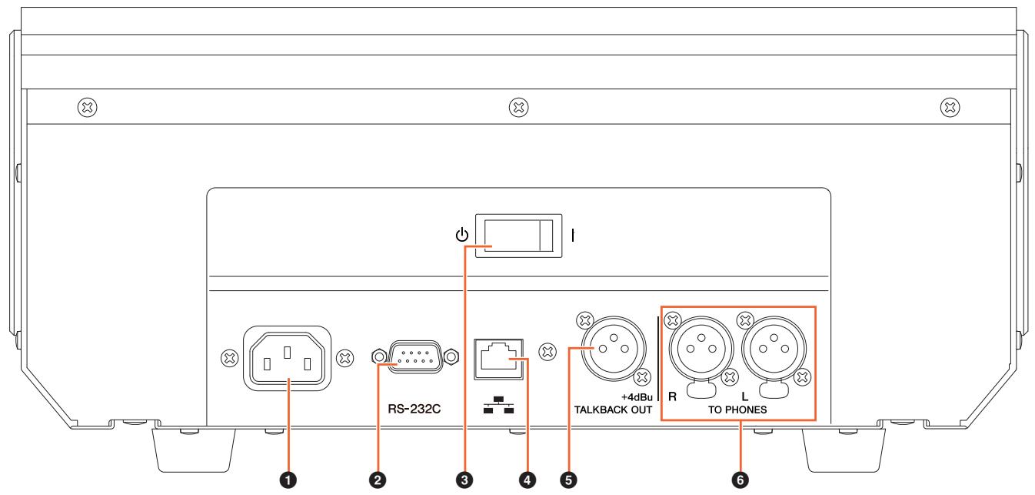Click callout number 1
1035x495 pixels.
tap(288, 480)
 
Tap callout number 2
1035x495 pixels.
tap(378, 480)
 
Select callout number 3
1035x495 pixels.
tap(464, 480)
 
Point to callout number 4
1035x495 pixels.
tap(527, 480)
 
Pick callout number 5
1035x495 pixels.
tap(568, 480)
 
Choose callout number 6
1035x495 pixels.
tap(740, 480)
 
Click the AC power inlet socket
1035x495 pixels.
tap(287, 358)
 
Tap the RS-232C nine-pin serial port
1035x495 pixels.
tap(415, 356)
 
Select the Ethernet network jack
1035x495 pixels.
tap(498, 359)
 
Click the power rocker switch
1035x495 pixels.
tap(518, 236)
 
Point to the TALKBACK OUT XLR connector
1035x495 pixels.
tap(614, 349)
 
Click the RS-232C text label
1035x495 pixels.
tap(414, 409)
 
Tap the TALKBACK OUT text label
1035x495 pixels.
tap(613, 410)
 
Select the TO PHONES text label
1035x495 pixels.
tap(737, 410)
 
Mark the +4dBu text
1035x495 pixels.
tap(637, 397)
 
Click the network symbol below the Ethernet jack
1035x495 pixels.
tap(498, 405)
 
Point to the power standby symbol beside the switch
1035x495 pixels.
tap(462, 235)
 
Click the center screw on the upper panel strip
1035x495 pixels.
tap(518, 107)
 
